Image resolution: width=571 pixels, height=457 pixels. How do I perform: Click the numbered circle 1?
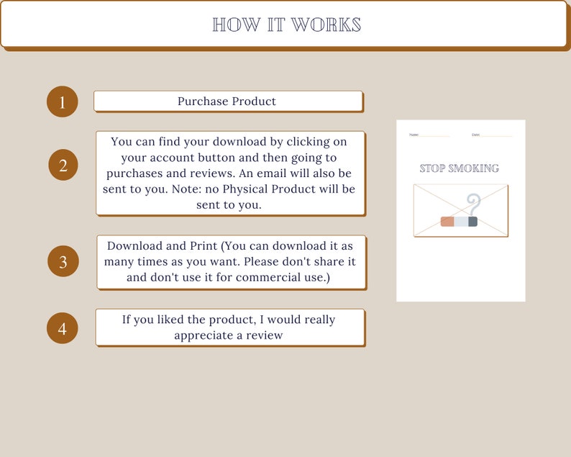62,102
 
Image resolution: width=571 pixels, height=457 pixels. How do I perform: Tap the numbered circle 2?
63,166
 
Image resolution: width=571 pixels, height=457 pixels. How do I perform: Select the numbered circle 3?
63,262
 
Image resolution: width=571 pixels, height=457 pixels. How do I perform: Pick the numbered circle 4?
63,329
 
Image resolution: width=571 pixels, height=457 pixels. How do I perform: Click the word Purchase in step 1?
204,101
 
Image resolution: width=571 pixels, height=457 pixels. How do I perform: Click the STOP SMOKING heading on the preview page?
460,168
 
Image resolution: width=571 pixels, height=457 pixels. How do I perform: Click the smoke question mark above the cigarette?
472,204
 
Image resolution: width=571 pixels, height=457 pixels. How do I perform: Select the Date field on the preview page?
492,135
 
